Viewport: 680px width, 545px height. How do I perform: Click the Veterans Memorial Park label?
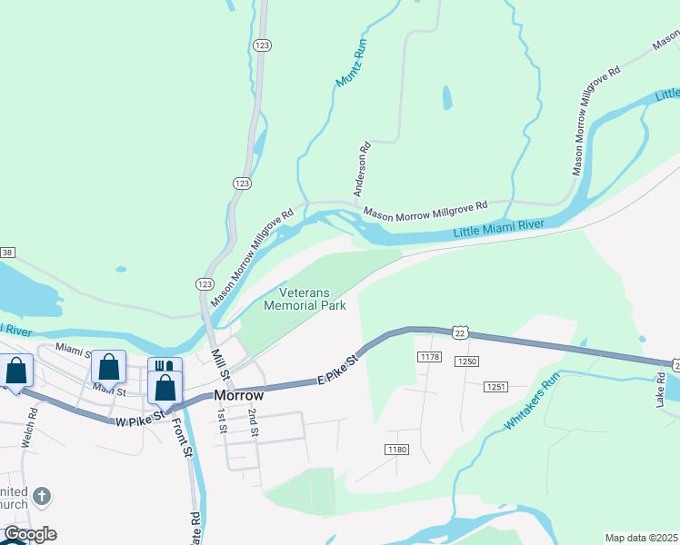pos(305,300)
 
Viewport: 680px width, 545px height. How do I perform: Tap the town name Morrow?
pos(238,396)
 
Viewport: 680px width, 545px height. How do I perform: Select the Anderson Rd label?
pos(363,170)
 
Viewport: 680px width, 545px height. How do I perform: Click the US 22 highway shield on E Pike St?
pos(461,334)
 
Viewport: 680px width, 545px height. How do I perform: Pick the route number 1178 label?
pos(430,357)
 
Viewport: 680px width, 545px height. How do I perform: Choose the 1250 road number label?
pos(467,362)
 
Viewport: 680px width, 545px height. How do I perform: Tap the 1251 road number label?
pos(495,387)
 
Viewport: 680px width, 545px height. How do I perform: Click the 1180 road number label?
pos(396,449)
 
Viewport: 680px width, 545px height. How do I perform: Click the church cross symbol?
pos(40,496)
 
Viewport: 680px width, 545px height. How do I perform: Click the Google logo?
pos(30,534)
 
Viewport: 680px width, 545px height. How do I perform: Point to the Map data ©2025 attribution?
pos(640,537)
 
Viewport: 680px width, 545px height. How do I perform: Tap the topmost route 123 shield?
pos(262,45)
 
